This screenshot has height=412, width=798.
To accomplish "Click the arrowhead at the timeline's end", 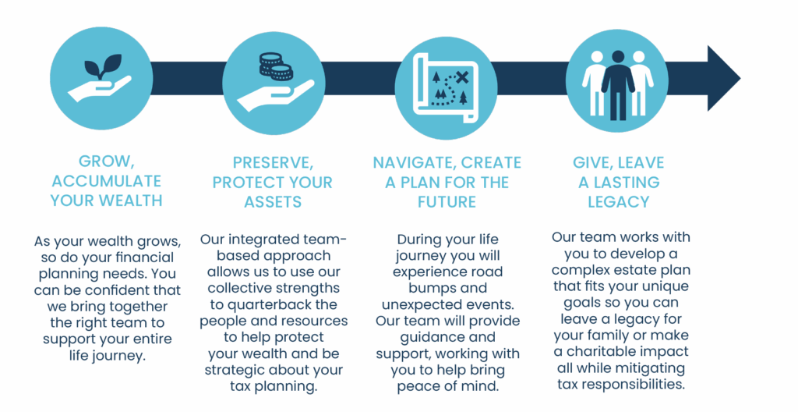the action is click(722, 79).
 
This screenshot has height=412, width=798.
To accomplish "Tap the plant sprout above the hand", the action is click(104, 66).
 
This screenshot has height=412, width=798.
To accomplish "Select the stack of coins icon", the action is click(276, 67).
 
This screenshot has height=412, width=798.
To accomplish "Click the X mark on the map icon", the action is click(461, 77).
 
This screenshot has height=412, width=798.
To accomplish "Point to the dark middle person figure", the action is click(618, 85).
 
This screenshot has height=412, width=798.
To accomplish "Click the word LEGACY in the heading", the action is click(618, 202).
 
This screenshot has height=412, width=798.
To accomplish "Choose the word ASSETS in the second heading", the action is click(273, 202).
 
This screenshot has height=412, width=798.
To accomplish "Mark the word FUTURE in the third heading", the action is click(447, 202).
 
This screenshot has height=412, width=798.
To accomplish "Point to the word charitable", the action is click(611, 352).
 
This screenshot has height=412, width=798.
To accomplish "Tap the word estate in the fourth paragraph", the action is click(633, 270).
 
